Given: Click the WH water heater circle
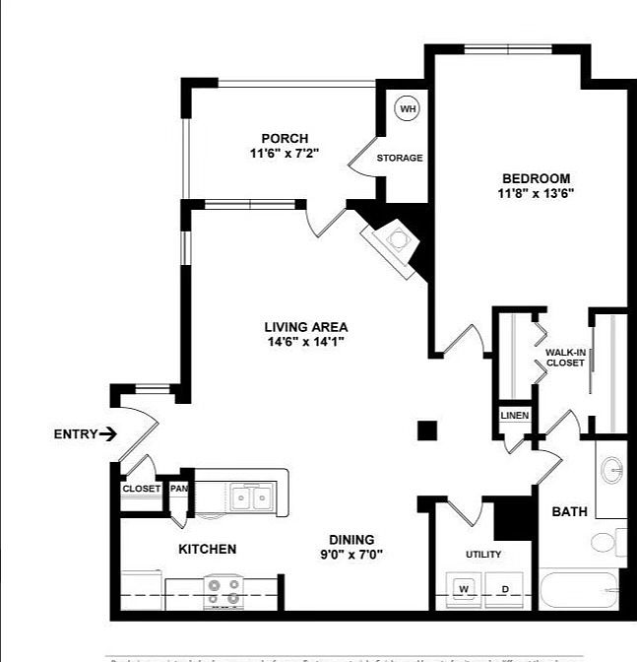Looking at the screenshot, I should (408, 108).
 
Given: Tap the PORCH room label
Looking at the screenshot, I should (285, 138).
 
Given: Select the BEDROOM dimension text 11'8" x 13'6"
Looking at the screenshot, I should (536, 193).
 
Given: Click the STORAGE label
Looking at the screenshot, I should (400, 158).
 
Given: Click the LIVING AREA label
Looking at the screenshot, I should (305, 327).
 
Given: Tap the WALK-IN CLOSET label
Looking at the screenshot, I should (565, 357).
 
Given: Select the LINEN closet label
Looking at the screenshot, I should (515, 416).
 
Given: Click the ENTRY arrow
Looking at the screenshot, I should (108, 433).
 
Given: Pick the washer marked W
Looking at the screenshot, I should (464, 589).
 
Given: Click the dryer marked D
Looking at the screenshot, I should (504, 589).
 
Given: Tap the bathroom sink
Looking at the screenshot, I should (611, 470).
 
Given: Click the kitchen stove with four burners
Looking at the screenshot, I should (223, 591).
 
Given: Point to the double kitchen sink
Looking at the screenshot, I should (249, 497).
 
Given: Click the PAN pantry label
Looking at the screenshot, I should (179, 489).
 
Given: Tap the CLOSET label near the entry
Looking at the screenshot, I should (141, 489).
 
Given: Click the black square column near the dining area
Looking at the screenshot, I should (427, 430).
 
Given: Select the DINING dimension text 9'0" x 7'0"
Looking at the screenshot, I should (351, 554).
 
